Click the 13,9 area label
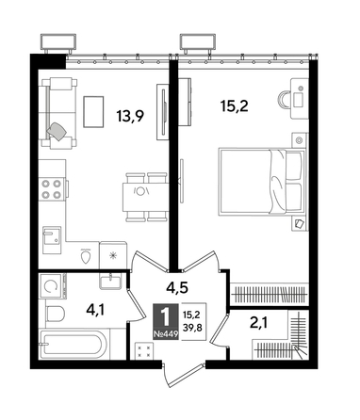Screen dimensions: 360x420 click(x=130, y=116)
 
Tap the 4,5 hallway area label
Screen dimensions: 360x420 click(x=177, y=287)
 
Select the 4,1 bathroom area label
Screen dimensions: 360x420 click(x=95, y=310)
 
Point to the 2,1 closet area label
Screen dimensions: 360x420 click(x=260, y=322)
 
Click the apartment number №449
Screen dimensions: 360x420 click(x=166, y=334)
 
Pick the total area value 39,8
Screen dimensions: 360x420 click(x=192, y=328)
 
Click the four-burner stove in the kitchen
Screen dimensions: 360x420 click(x=52, y=189)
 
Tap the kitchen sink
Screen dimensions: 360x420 click(x=52, y=239)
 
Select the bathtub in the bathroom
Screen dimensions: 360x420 click(x=73, y=347)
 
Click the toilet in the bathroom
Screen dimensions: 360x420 click(x=55, y=314)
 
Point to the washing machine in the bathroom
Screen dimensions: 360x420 click(x=52, y=285)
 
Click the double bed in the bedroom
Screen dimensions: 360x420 click(x=262, y=182)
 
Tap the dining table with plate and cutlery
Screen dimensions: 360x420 click(x=144, y=197)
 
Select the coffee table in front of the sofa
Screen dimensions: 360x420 click(x=93, y=112)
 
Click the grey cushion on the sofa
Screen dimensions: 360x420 click(x=57, y=130)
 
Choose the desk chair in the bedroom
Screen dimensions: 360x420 click(x=284, y=100)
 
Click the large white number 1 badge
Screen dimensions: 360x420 click(x=165, y=317)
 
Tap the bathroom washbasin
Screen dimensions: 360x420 click(x=110, y=281)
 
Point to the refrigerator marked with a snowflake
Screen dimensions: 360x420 click(x=113, y=255)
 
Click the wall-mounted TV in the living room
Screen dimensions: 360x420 click(x=163, y=112)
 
